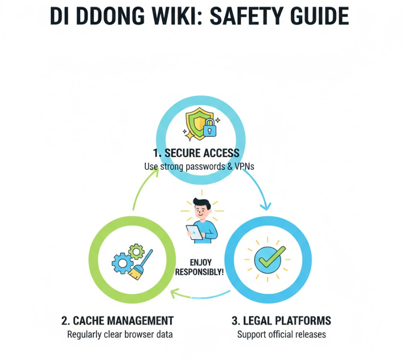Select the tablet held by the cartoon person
(194, 232)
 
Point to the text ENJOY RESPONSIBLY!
(199, 267)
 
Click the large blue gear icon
(121, 263)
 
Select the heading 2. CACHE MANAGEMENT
(117, 320)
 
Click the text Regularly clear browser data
(120, 334)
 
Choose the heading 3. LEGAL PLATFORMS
(281, 320)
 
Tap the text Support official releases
(281, 334)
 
